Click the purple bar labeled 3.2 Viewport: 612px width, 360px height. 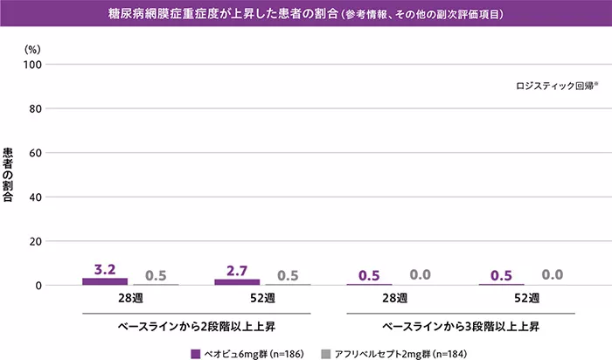click(x=105, y=281)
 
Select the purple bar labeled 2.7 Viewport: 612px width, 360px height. click(x=237, y=281)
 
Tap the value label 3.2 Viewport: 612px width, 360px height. click(x=105, y=270)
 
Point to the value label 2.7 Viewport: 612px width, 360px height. click(x=237, y=271)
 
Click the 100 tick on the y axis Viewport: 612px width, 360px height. click(x=33, y=65)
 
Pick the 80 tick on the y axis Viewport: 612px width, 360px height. click(x=36, y=109)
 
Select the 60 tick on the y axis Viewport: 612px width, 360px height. click(x=36, y=153)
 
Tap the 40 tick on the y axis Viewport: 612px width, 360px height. click(x=36, y=197)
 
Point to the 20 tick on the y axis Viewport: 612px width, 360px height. click(x=36, y=241)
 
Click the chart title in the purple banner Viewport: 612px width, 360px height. click(x=305, y=16)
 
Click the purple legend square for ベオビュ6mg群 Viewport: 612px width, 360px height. click(x=196, y=354)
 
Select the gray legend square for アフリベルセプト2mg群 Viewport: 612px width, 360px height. click(x=326, y=354)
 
